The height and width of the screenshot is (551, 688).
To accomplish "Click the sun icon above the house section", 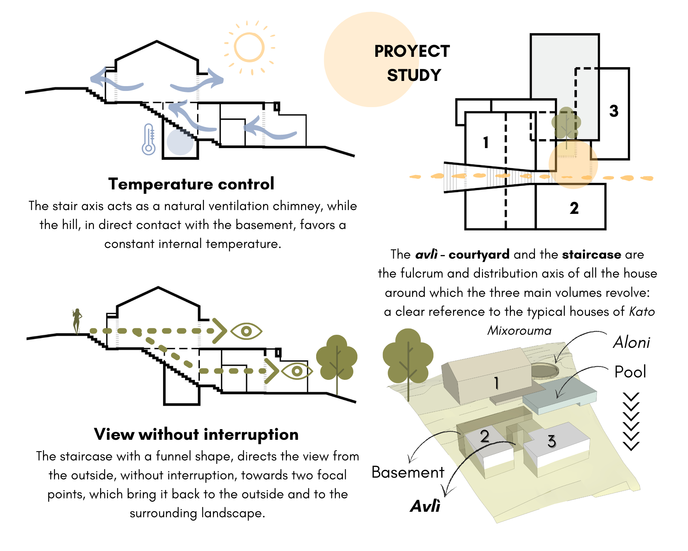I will pos(249,47).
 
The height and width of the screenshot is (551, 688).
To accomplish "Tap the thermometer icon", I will pos(149,139).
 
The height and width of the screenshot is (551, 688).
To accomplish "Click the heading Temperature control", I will pos(191,184).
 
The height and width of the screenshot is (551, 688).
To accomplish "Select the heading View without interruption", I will pos(196,434).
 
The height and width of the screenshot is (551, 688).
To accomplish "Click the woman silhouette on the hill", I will pos(77,321).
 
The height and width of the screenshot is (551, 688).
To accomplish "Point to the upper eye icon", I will pos(246,331).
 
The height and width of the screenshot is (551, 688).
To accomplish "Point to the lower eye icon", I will pos(297,371).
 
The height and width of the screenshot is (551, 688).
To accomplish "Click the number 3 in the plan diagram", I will pos(614,111).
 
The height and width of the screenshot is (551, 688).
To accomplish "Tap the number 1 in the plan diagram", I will pos(486,142).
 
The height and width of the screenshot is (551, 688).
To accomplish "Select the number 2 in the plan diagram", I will pos(574,208).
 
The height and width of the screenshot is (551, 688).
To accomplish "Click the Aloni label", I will pos(632,343).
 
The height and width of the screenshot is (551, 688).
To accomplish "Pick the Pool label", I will pos(630,372).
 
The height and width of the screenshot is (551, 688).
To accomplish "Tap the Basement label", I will pos(408,472).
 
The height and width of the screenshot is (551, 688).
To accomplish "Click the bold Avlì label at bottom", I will pos(425,506).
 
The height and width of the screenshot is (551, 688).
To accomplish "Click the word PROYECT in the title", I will pos(412,51).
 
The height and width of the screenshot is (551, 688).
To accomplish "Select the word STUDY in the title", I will pos(414,75).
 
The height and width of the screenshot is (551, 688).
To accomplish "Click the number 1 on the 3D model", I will pos(496,383).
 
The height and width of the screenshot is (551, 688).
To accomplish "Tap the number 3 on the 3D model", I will pos(551,441).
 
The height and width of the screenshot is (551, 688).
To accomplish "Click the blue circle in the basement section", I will pos(180,142).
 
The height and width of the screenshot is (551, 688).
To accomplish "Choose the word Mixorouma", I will pos(519,331).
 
